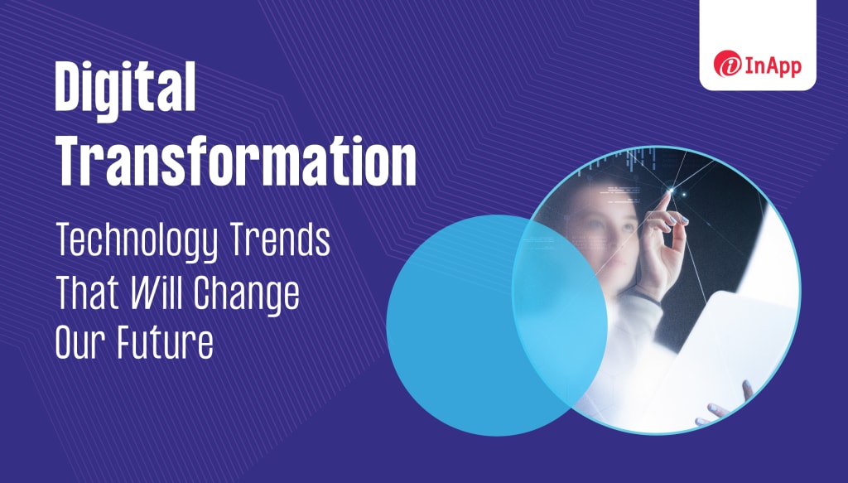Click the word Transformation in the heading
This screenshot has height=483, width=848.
point(236,161)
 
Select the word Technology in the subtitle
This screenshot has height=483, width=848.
point(137,241)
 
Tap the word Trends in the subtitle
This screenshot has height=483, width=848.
point(280,239)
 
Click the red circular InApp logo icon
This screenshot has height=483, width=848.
point(727,64)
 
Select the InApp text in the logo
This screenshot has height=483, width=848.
point(773,66)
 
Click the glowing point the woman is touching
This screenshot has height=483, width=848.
point(671,190)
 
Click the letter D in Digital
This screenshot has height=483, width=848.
point(69,86)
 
